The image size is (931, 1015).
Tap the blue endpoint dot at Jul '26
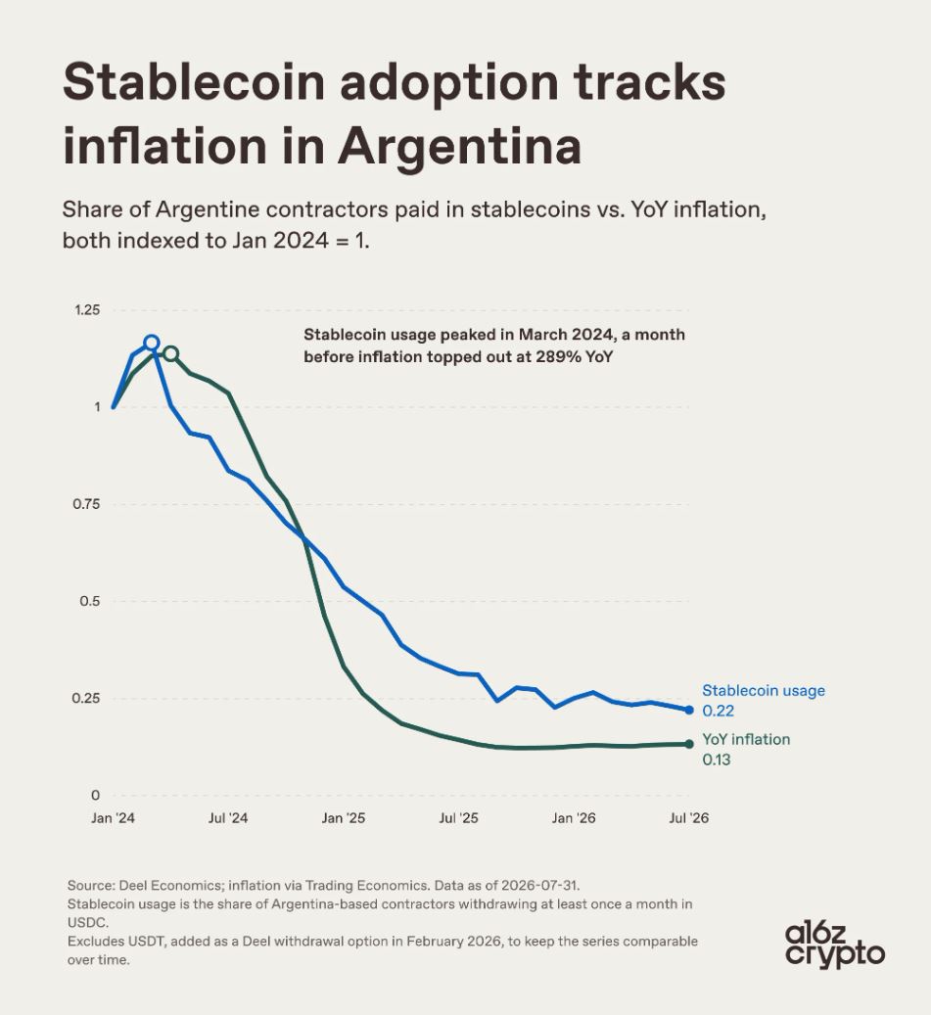pos(689,711)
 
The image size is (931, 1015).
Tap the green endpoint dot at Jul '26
pos(689,744)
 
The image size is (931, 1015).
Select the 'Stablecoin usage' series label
pos(764,691)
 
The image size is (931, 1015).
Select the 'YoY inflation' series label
pos(746,739)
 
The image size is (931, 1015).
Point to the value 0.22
pos(718,711)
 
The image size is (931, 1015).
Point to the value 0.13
pos(716,760)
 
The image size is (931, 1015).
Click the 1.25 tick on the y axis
pos(87,310)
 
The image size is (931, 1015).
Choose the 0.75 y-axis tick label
pos(87,504)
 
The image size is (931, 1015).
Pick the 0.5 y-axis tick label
pos(90,601)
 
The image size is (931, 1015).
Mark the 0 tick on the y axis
pos(96,795)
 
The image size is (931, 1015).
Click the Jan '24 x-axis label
pos(113,818)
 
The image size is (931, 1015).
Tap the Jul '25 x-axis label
pos(458,818)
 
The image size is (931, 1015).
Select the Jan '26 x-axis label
pos(574,818)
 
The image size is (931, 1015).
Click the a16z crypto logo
pos(834,946)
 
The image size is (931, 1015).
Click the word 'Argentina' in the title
pos(459,146)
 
